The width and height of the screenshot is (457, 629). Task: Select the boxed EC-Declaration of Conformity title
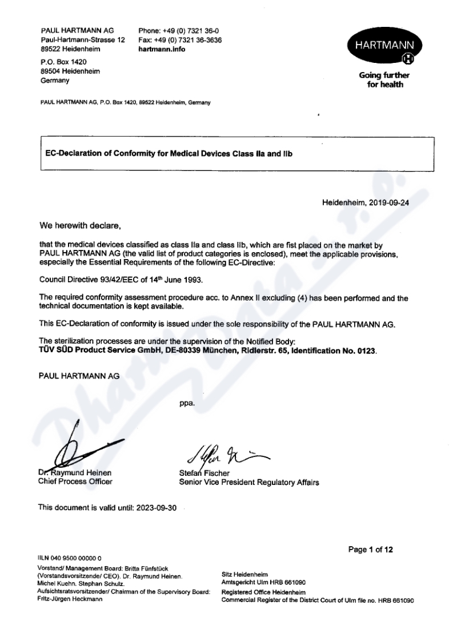(169, 153)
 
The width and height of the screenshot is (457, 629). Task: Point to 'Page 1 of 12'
(371, 550)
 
